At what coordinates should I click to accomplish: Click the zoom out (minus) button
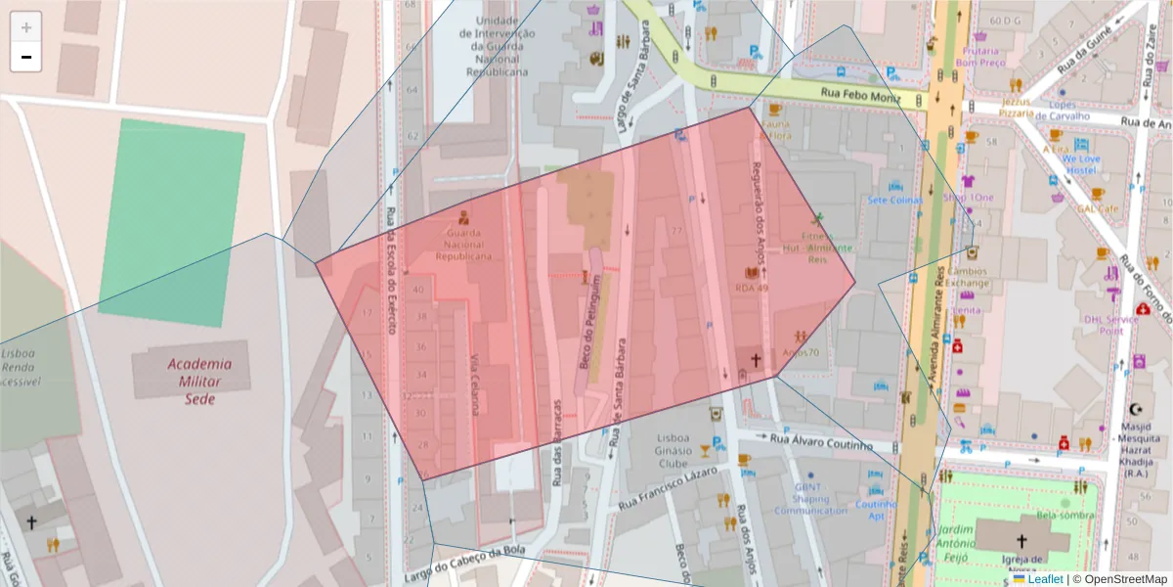tap(26, 58)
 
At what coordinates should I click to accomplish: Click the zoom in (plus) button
tap(26, 27)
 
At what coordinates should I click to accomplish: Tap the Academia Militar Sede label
tap(192, 381)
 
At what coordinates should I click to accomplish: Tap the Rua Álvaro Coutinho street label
tap(820, 442)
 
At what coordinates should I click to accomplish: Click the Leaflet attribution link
tap(1044, 579)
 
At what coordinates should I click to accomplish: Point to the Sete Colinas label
tap(894, 201)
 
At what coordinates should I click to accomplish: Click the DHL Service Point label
tap(1111, 324)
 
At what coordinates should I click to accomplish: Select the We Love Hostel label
tap(1081, 163)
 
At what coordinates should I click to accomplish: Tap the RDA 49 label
tap(753, 289)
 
